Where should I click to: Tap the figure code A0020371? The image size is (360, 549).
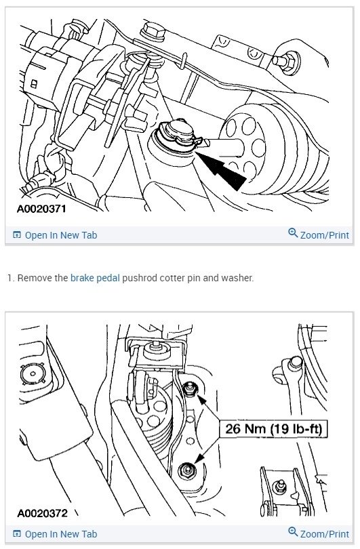pos(41,209)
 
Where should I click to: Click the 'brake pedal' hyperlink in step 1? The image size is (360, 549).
pos(96,278)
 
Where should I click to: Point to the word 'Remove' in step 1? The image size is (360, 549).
pos(35,278)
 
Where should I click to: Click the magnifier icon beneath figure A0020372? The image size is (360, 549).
pos(293,533)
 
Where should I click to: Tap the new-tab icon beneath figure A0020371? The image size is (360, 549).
pos(17,235)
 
